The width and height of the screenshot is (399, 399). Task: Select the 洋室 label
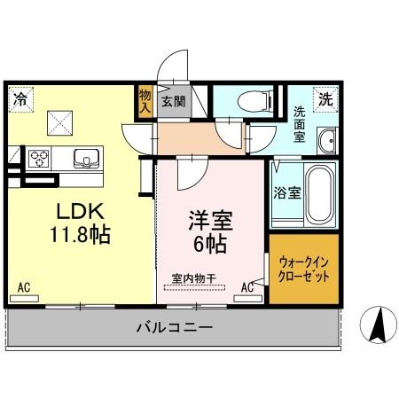click(x=208, y=217)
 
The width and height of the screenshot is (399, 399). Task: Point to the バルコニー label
click(x=175, y=327)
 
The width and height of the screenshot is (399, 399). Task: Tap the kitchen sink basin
click(x=85, y=159)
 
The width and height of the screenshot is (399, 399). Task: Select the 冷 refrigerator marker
click(x=20, y=99)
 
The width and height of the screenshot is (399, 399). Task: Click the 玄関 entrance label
click(x=173, y=101)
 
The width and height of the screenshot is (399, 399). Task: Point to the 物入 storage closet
click(x=145, y=100)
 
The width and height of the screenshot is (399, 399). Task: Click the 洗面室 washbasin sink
click(x=327, y=140)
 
